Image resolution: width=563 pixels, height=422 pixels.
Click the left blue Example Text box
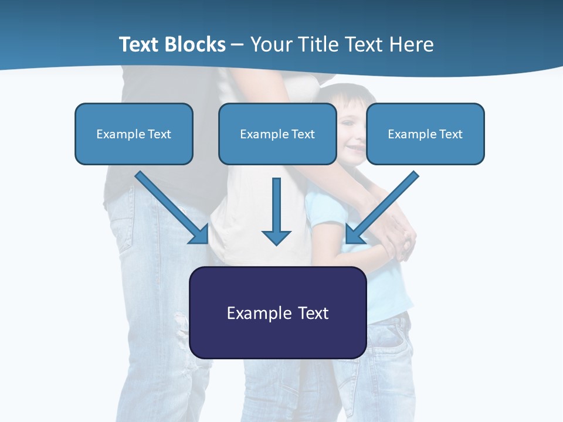(x=134, y=134)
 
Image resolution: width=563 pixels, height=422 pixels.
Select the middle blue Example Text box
(x=277, y=134)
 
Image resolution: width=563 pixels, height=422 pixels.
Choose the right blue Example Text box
(x=425, y=134)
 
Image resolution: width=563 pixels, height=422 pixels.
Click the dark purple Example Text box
(x=278, y=312)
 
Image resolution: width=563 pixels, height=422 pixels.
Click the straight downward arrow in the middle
(x=276, y=205)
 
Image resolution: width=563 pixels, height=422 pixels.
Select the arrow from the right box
(x=384, y=205)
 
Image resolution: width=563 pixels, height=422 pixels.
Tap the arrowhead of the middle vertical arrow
(x=276, y=237)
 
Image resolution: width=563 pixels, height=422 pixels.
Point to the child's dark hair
(x=346, y=94)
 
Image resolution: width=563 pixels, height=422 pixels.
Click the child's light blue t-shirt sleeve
(x=320, y=208)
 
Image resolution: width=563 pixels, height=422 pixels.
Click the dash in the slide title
(x=238, y=45)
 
